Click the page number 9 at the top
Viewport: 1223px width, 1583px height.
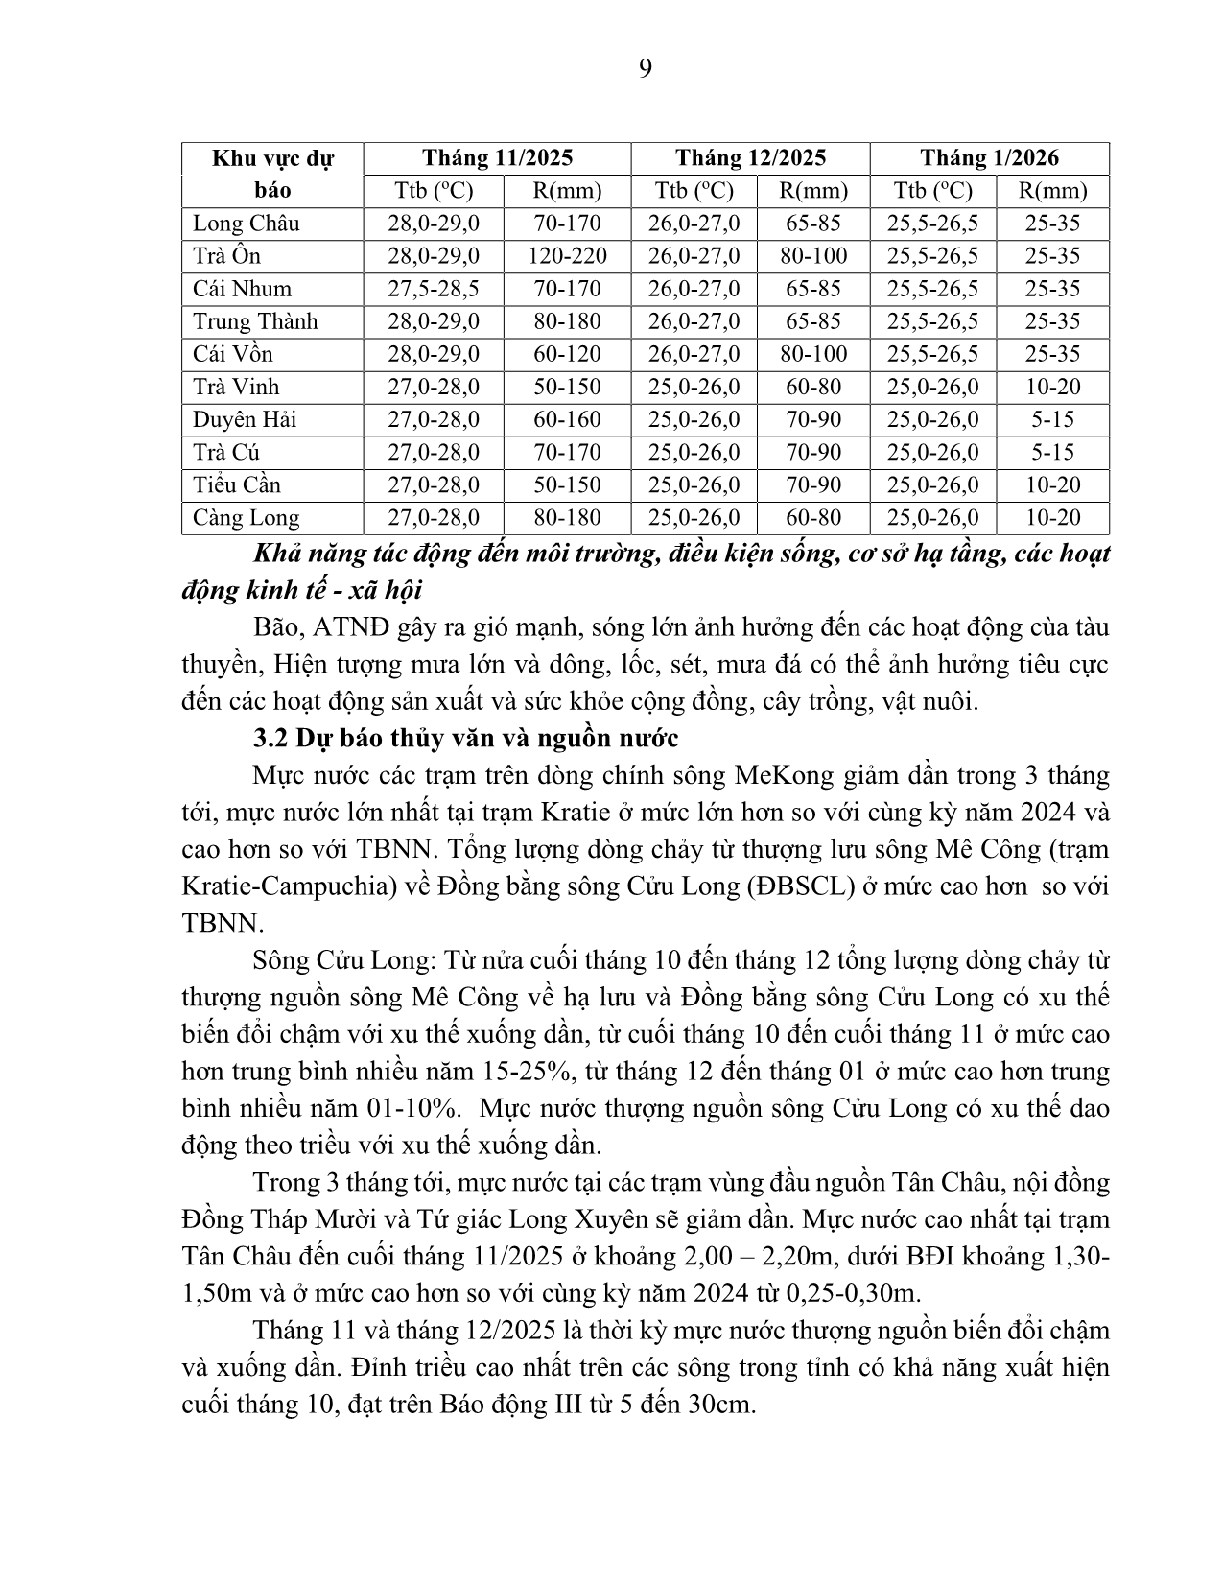pyautogui.click(x=645, y=68)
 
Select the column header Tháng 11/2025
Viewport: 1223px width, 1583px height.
pyautogui.click(x=497, y=157)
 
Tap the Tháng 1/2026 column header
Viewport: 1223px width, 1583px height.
pyautogui.click(x=989, y=157)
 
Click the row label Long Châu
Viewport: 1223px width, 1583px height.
pyautogui.click(x=247, y=224)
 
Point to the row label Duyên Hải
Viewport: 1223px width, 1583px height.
pyautogui.click(x=245, y=419)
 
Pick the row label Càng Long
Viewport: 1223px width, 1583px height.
pyautogui.click(x=247, y=518)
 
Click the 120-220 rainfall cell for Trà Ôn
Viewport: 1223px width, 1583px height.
pyautogui.click(x=567, y=256)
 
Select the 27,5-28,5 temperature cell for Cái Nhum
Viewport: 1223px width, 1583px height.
pyautogui.click(x=434, y=289)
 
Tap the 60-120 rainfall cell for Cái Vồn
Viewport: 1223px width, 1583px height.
pyautogui.click(x=567, y=354)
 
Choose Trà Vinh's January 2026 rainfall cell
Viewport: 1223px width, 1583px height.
pyautogui.click(x=1052, y=387)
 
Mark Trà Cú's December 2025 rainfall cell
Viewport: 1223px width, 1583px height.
pyautogui.click(x=813, y=452)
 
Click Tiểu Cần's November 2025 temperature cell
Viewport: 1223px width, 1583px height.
pyautogui.click(x=434, y=484)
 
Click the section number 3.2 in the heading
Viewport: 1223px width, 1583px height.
pyautogui.click(x=270, y=739)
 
